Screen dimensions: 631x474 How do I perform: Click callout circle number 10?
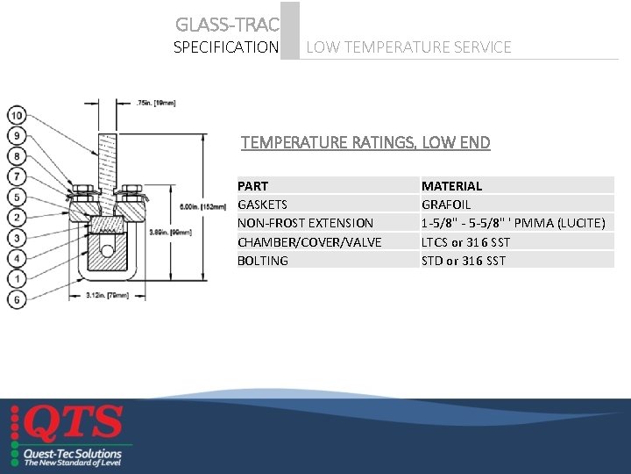pos(17,115)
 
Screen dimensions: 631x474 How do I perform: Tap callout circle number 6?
pos(17,299)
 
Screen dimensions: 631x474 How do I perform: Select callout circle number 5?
pos(17,197)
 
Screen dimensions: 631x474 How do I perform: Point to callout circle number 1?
pos(17,278)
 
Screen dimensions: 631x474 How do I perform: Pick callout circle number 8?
pos(17,156)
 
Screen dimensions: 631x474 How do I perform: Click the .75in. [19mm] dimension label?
pos(156,103)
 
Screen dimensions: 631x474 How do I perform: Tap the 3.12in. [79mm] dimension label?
pos(110,296)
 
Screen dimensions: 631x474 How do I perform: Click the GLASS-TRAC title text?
pos(226,25)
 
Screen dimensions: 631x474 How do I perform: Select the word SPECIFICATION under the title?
pos(226,47)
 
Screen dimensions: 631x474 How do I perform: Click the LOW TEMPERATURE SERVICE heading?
pos(408,47)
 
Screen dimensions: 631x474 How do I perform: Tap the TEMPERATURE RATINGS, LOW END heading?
pos(365,142)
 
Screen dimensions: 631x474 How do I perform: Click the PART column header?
pos(252,186)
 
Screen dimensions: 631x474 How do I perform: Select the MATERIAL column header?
pos(451,186)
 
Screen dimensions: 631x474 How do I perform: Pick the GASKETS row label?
pos(262,205)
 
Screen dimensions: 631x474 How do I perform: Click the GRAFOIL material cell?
pos(446,205)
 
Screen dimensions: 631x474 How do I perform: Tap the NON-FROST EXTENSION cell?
pos(305,223)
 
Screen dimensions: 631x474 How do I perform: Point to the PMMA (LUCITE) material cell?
pos(514,223)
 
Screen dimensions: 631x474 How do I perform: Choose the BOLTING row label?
pos(262,261)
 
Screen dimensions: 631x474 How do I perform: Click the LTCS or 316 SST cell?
pos(465,242)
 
